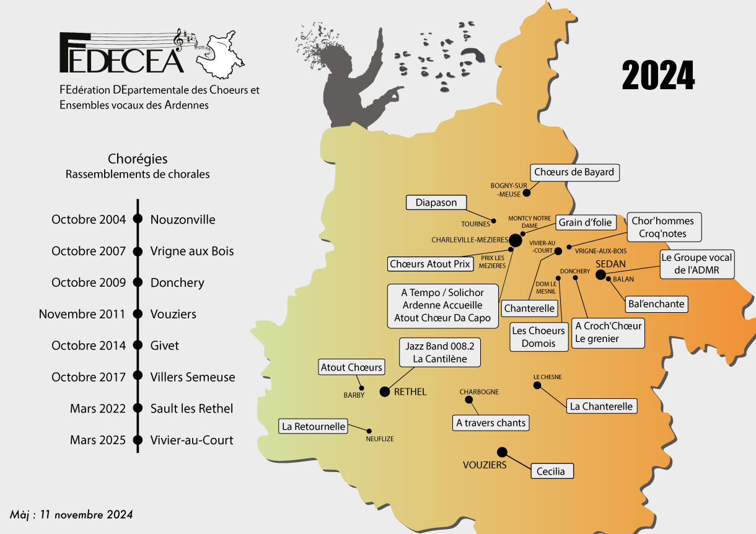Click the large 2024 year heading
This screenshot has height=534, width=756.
coord(658,76)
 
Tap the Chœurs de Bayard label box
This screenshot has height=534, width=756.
coord(574,172)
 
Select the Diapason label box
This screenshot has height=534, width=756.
coord(436,203)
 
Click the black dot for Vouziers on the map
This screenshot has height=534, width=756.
coord(502,452)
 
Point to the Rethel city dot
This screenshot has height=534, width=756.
coord(384,392)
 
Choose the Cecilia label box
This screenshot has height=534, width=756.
coord(551,471)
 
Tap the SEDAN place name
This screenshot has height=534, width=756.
coord(610,264)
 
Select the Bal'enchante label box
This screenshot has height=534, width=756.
coord(656,304)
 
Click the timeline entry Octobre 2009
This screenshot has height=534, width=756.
coord(88,282)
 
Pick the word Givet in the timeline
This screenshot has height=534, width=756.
coord(165,346)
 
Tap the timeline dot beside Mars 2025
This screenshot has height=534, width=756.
coord(138,440)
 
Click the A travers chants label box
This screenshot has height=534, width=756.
coord(491,423)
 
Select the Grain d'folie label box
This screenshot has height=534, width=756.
coord(585,222)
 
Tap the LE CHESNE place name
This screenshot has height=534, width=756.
coord(547,377)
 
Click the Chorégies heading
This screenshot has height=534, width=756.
coord(138,160)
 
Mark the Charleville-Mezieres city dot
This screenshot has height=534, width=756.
coord(516,240)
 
